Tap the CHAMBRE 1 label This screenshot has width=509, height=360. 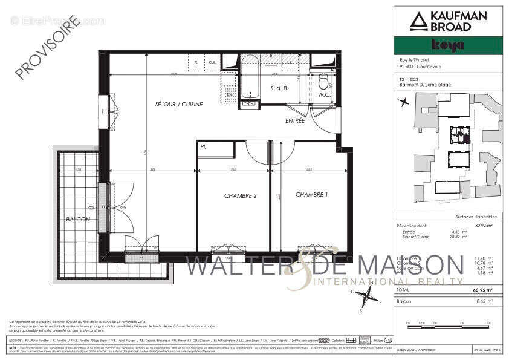tap(312, 195)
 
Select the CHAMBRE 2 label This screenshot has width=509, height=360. tap(241, 195)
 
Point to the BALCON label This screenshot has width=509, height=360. tap(78, 219)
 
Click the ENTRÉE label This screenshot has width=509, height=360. tap(295, 121)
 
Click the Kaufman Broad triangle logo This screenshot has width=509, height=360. tap(418, 21)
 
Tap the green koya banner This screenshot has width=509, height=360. tap(447, 45)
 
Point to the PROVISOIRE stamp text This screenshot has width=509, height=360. tap(48, 48)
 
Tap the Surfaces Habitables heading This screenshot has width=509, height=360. tap(476, 217)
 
